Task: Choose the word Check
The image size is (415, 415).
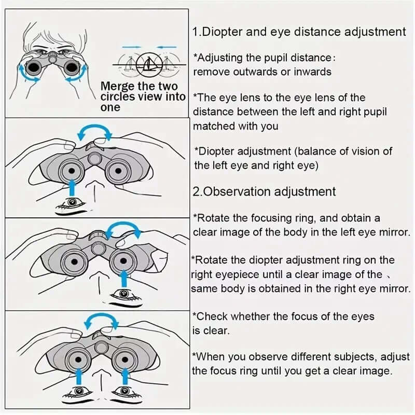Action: tap(212, 316)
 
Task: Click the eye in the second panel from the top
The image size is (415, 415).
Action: tap(72, 202)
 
